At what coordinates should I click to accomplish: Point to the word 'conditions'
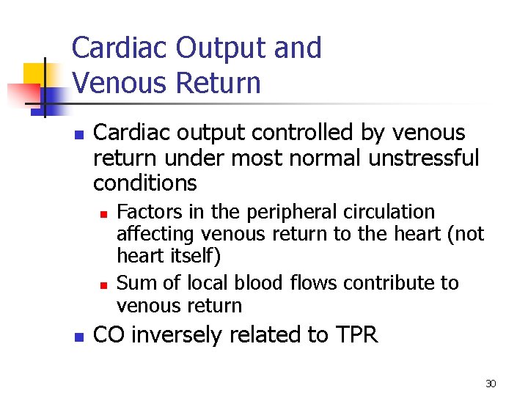click(145, 183)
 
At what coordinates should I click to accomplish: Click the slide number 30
click(491, 384)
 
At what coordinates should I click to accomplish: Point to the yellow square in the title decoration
click(34, 73)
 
